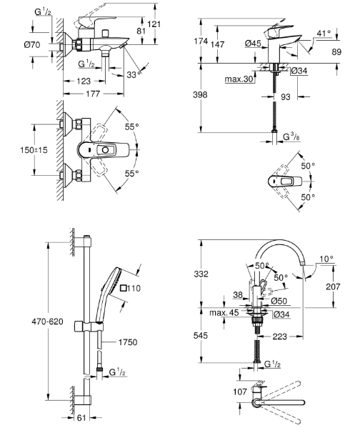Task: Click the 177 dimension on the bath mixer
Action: [93, 94]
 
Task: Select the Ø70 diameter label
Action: [32, 44]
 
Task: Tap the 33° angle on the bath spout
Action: [134, 74]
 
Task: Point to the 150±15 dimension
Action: [34, 150]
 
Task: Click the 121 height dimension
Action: [154, 24]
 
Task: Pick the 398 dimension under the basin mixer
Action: [200, 95]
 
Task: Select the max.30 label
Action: [239, 79]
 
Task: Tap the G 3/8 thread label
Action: [291, 137]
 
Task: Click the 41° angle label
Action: [324, 34]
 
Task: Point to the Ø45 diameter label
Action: [253, 44]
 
